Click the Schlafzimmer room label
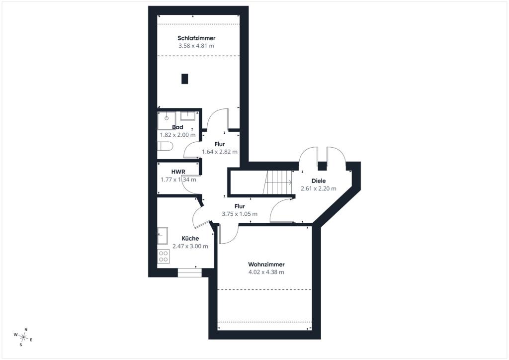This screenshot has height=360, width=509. (x=196, y=38)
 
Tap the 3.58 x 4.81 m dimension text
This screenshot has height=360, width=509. (x=196, y=46)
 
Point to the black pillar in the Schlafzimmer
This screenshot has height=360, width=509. (x=185, y=79)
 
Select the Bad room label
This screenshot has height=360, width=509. (x=177, y=127)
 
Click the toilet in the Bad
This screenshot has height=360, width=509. (x=164, y=146)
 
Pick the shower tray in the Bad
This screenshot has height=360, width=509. (x=166, y=121)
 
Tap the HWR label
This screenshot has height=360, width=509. (x=178, y=172)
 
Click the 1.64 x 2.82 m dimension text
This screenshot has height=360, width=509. (x=219, y=152)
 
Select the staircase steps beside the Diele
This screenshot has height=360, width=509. (x=277, y=182)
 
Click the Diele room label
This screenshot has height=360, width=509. (x=319, y=181)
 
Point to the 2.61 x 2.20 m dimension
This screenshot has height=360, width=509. (x=319, y=188)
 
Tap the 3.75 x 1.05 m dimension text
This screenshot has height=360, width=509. (x=240, y=214)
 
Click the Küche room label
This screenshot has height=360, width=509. (x=190, y=238)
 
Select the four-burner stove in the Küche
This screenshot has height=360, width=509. (x=163, y=256)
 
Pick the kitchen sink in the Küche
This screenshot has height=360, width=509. (x=163, y=235)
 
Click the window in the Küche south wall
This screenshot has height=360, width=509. (x=190, y=272)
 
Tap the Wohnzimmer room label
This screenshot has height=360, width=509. (x=266, y=264)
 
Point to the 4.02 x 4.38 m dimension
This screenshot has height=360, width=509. (x=266, y=272)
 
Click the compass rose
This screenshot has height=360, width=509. (x=23, y=337)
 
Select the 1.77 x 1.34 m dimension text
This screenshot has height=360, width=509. (x=178, y=180)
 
